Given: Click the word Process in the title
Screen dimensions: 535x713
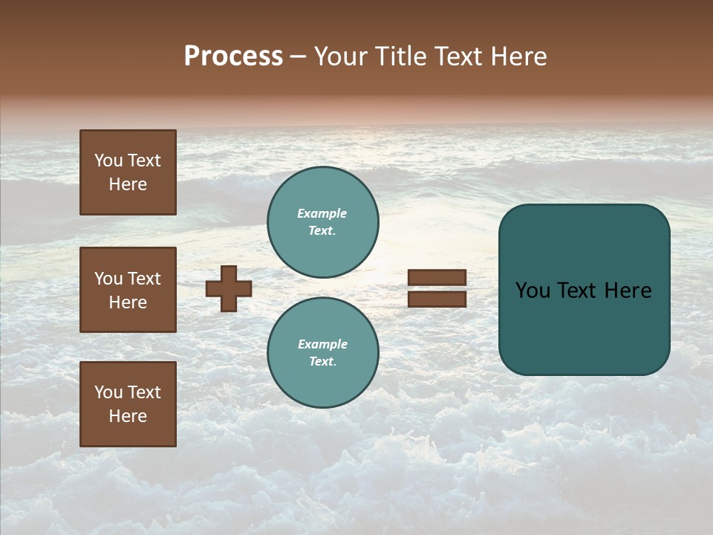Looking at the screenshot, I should pos(233,56).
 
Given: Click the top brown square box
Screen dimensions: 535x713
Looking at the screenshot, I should pos(128,172).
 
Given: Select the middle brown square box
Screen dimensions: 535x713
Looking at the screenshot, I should pos(128,290).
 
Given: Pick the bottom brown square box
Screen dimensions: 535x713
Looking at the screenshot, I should pos(128,404).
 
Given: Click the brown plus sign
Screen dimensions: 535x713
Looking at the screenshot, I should pos(229,288).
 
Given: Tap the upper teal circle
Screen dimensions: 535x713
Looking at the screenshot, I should pos(323,222).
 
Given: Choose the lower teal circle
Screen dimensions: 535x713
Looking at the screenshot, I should pos(323,353).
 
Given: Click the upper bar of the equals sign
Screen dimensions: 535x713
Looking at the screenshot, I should pos(437,277).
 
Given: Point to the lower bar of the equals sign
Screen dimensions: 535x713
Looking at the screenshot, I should pos(437,299).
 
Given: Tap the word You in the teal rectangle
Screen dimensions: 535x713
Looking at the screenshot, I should pos(533,291).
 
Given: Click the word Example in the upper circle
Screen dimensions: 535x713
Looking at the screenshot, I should pos(322,213).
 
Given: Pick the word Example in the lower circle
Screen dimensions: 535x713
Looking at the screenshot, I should pos(322,344).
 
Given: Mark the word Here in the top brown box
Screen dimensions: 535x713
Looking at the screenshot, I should pos(128,184).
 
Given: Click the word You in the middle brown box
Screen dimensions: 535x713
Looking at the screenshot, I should pos(108,279).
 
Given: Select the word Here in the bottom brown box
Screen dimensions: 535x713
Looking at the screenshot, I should pos(128,416).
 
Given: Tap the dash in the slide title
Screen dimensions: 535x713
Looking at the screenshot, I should pos(298,57).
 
